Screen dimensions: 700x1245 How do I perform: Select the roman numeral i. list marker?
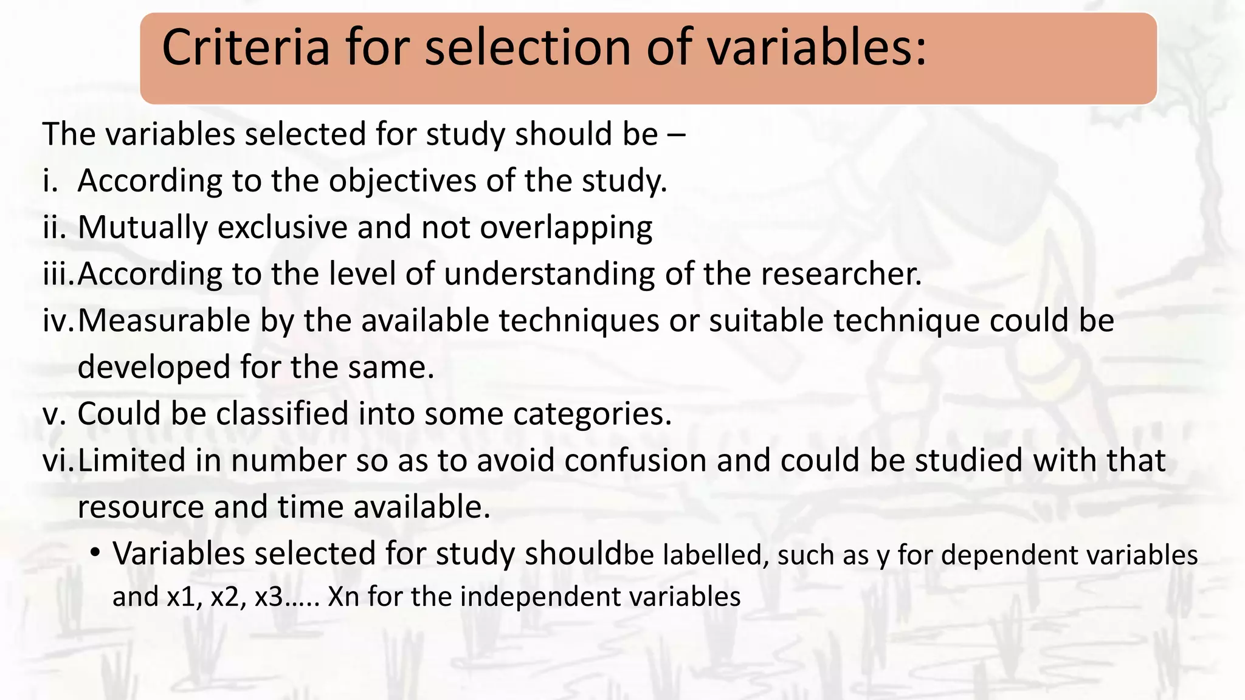[x=50, y=180]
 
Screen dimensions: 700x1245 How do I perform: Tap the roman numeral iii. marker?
[x=58, y=274]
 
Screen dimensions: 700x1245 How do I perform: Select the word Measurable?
[x=164, y=320]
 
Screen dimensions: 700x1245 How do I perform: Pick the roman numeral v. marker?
[x=53, y=414]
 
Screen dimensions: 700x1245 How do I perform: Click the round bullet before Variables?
[x=95, y=554]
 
